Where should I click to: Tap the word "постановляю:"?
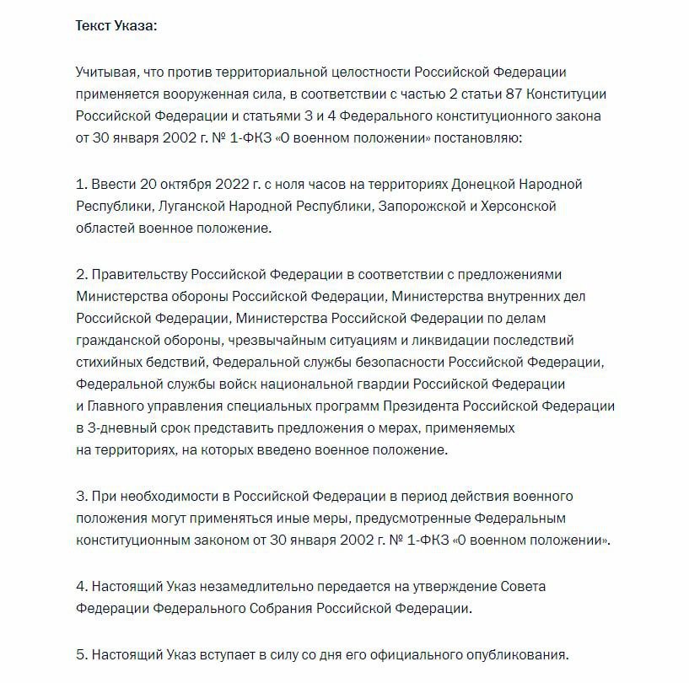482,137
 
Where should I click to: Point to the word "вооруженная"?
213,93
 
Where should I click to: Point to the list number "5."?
81,653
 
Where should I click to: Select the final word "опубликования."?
516,653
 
